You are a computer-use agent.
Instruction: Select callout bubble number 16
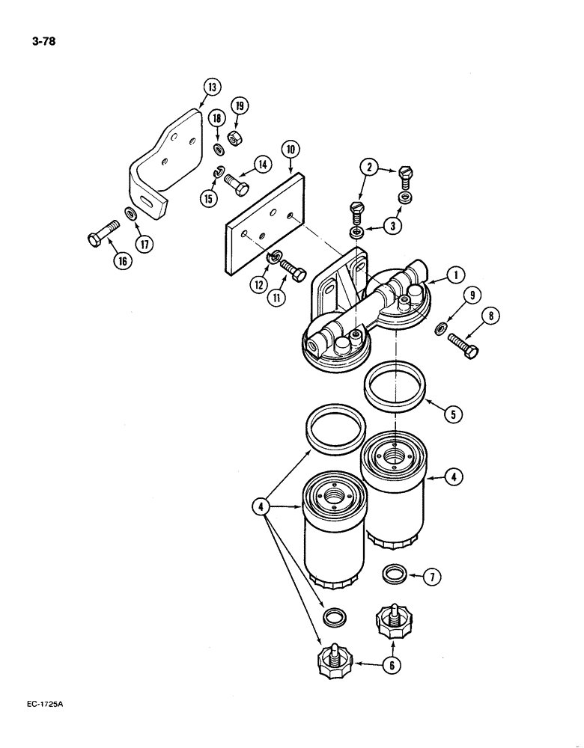click(121, 261)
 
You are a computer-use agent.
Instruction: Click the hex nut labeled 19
click(233, 138)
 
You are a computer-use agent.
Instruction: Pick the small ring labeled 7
click(395, 574)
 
